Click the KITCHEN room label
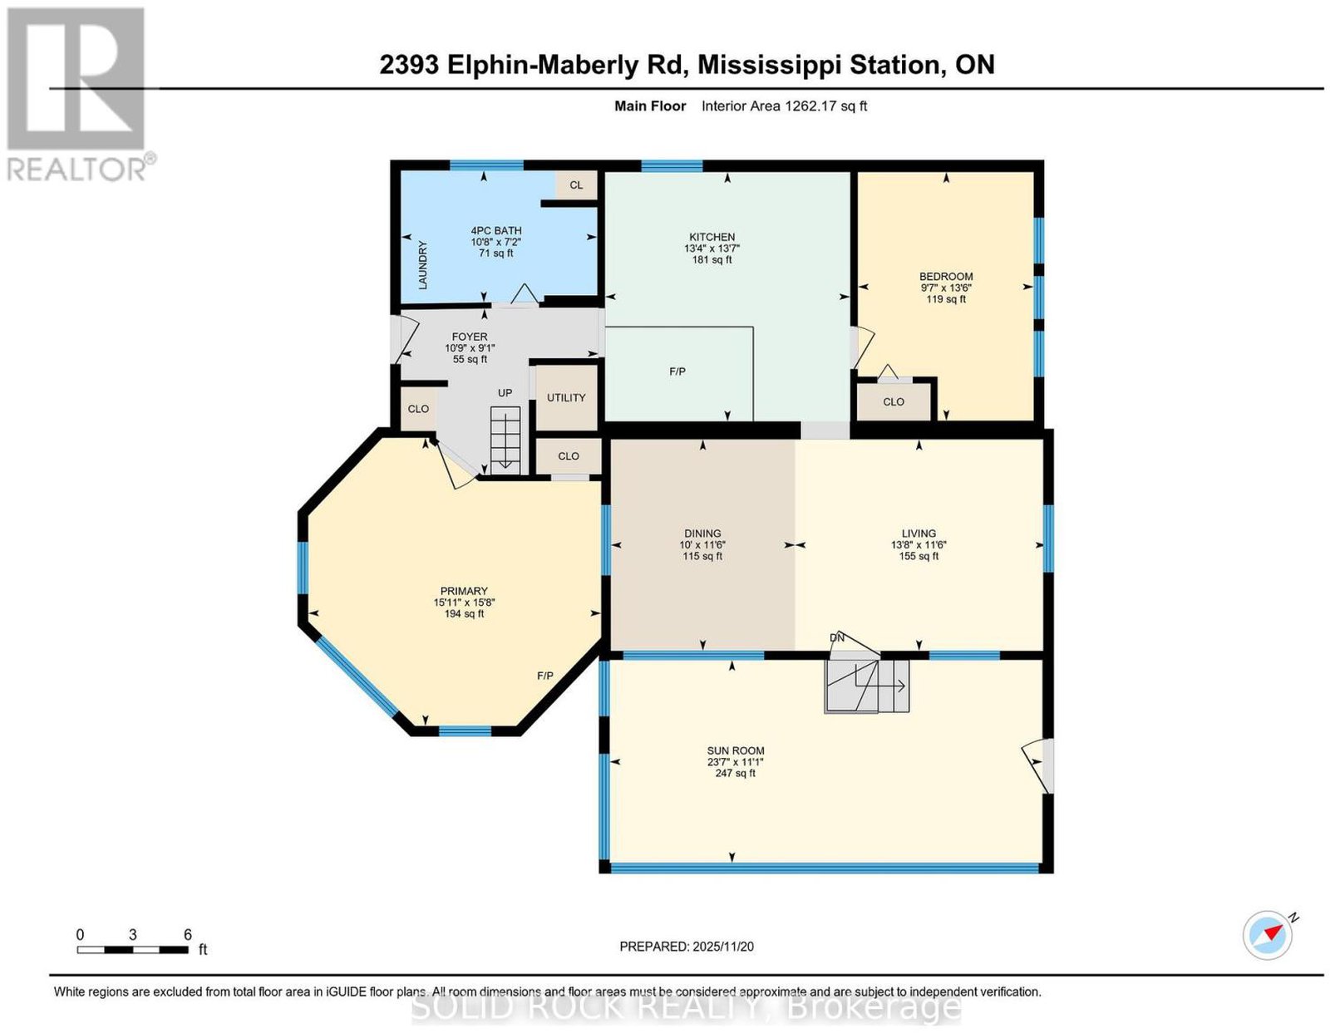coord(712,237)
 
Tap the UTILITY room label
coord(566,397)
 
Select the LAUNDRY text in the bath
coord(422,265)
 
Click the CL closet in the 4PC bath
coord(576,185)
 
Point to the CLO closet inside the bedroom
coord(894,402)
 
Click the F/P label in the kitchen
coord(677,371)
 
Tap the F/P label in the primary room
coord(544,676)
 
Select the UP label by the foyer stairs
coord(505,392)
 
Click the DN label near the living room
coord(837,638)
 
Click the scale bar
coord(132,950)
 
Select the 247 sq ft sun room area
coord(735,773)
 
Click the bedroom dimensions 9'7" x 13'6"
coord(946,288)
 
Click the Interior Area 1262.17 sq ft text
coord(784,106)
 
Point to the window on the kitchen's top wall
coord(672,165)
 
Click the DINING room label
coord(702,534)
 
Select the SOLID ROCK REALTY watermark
coord(686,1007)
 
